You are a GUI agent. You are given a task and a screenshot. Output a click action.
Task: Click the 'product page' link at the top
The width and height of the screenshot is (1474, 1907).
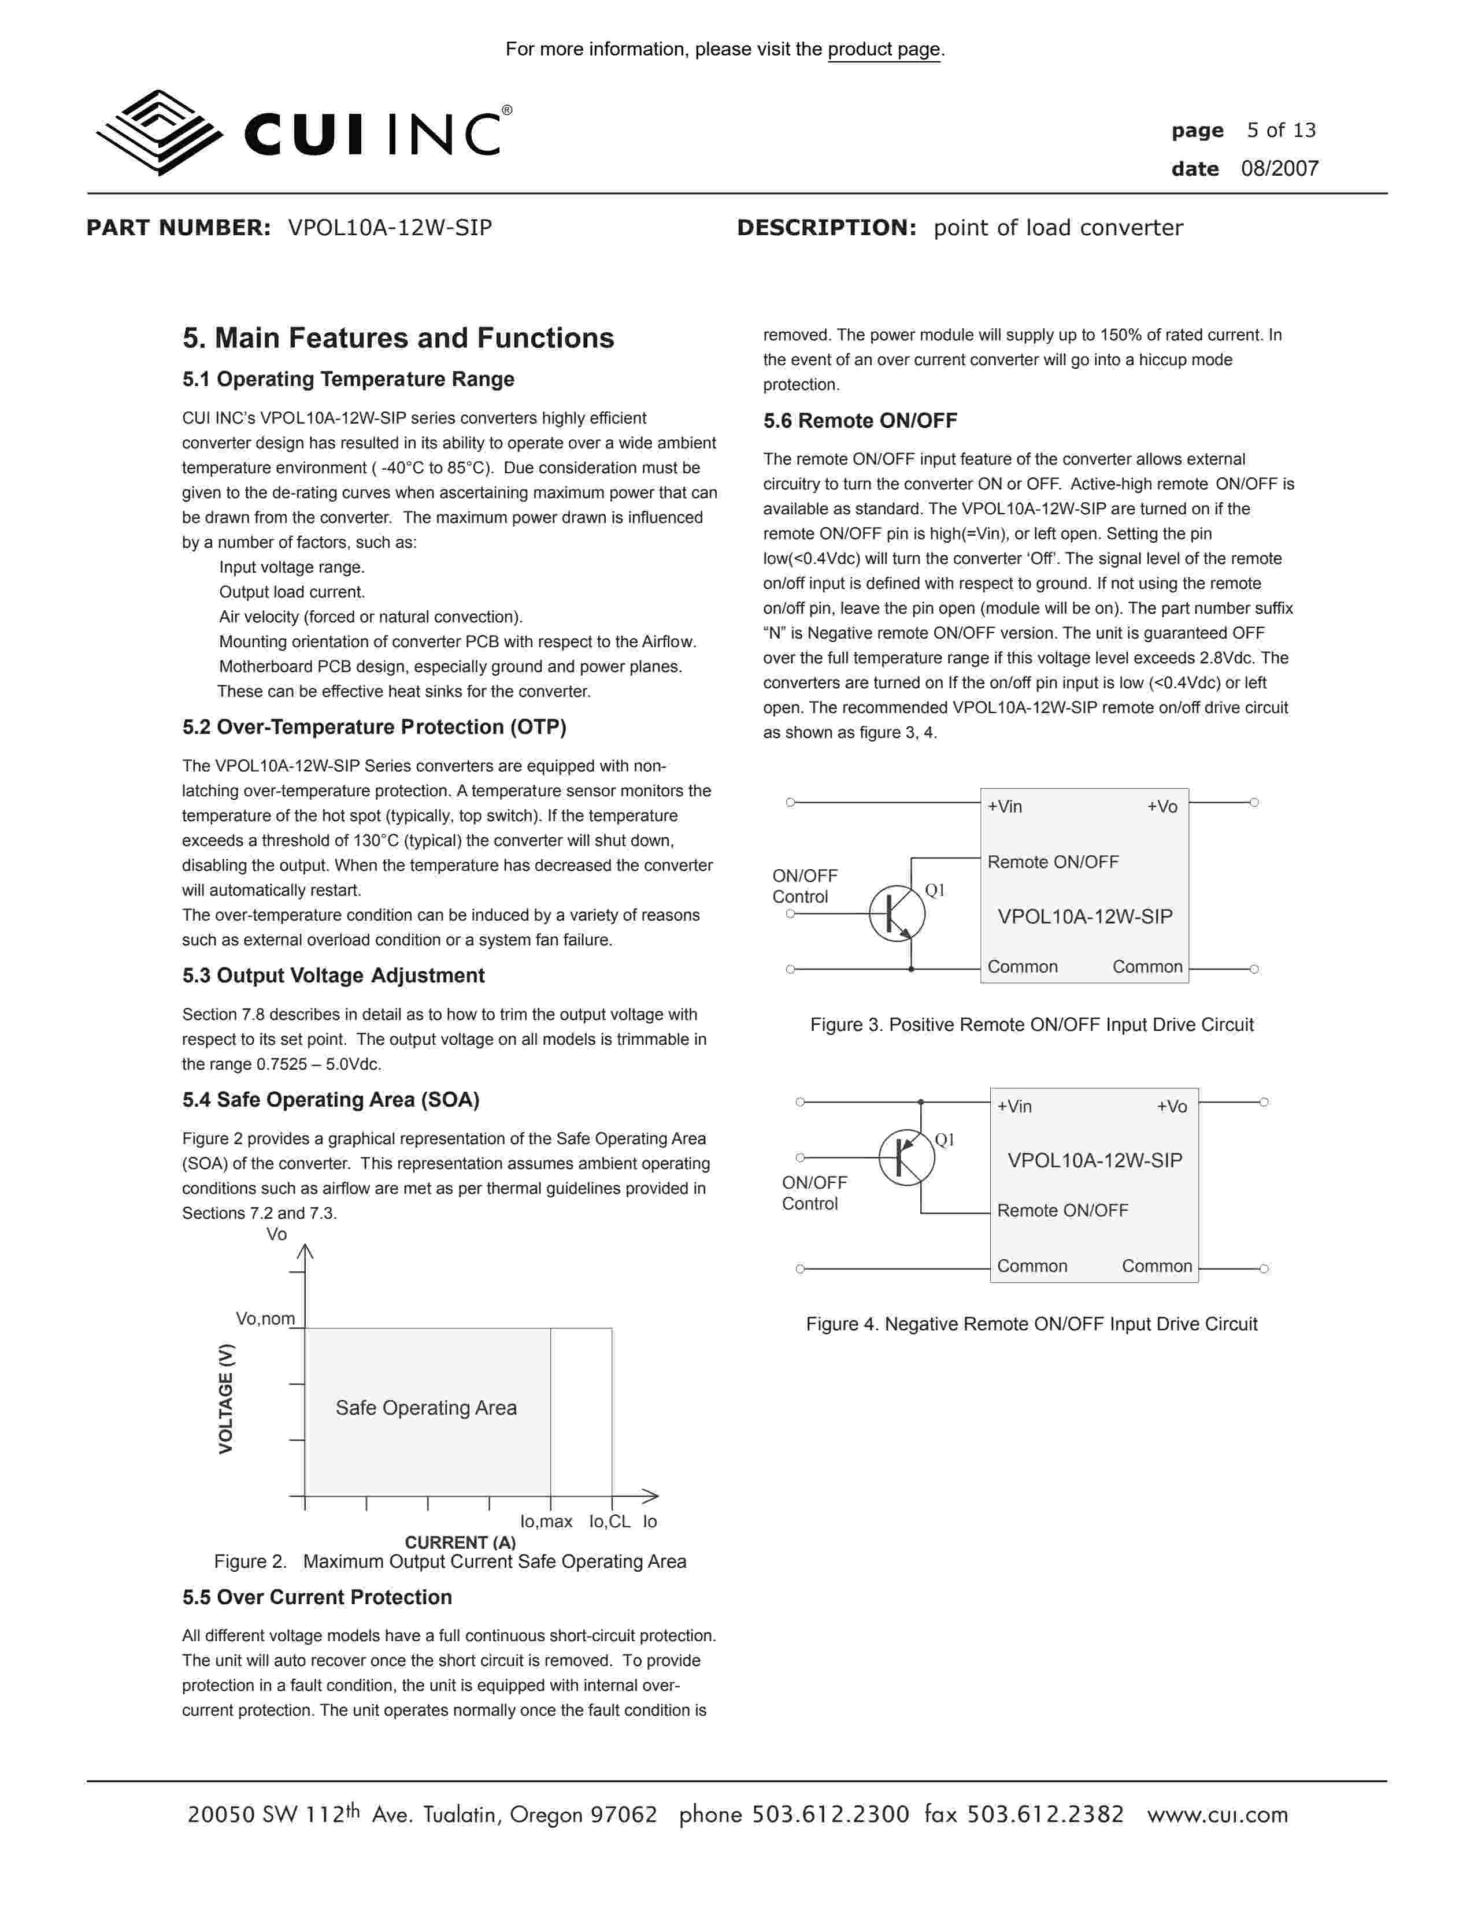pos(884,50)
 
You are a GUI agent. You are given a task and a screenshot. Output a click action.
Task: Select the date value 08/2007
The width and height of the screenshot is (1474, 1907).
pos(1279,169)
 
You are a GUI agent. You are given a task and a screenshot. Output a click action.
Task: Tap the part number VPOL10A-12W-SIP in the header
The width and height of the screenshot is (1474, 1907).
pos(390,228)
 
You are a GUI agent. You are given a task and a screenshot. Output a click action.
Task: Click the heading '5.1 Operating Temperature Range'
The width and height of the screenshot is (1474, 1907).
pos(347,379)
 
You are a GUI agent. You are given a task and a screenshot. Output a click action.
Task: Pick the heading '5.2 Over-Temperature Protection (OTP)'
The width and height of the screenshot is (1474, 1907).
pos(374,728)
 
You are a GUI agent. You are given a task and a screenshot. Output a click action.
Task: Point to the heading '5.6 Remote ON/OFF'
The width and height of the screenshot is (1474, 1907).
pos(860,421)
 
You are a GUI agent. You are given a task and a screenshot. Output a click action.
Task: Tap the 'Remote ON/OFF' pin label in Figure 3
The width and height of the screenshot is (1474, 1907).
pos(1052,862)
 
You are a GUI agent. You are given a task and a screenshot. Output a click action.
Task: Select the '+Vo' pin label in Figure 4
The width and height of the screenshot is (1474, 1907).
pos(1171,1106)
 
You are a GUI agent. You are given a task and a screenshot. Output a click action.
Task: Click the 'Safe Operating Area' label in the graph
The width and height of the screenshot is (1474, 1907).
pos(426,1408)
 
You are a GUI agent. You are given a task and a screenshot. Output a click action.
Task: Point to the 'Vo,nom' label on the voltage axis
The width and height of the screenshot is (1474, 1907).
pos(265,1319)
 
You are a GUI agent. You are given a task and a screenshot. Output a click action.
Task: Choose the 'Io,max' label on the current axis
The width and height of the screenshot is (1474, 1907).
pos(546,1521)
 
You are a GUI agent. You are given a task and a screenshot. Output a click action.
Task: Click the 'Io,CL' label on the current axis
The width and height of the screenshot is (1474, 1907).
pos(609,1521)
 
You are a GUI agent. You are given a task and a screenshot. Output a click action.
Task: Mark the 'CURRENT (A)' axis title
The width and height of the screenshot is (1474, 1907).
pos(460,1542)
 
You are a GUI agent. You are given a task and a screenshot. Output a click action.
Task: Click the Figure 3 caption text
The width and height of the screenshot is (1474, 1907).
pos(1031,1024)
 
